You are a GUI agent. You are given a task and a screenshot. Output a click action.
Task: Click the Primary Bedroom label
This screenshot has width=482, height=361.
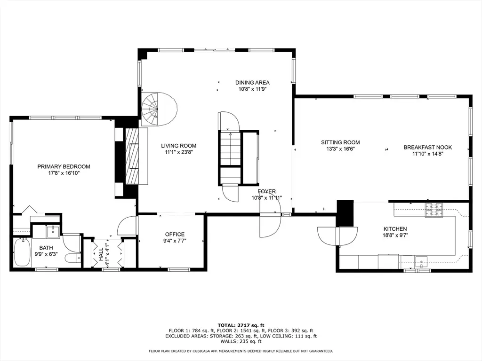(x=64, y=167)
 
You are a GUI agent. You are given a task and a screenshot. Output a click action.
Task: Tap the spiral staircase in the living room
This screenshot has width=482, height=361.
(x=159, y=109)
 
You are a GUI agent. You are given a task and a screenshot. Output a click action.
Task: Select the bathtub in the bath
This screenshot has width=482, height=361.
(x=22, y=252)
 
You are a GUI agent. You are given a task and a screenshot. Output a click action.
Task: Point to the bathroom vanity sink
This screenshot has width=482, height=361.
(x=54, y=232)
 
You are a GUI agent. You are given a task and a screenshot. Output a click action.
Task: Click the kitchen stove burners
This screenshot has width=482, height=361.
(x=434, y=210)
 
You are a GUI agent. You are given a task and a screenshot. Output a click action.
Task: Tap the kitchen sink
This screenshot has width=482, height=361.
(x=421, y=262)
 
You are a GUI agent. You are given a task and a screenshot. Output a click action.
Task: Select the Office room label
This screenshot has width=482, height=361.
(x=175, y=235)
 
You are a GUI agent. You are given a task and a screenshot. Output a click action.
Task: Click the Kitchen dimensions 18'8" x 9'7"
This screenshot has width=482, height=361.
(x=395, y=235)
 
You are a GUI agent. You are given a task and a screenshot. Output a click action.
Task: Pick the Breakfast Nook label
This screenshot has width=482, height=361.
(x=428, y=147)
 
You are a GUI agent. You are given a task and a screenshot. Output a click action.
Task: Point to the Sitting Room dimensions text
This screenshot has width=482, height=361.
(x=340, y=149)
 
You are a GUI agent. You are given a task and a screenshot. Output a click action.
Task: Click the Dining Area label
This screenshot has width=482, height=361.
(x=252, y=83)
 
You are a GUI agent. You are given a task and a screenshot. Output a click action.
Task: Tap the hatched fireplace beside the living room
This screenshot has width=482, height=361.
(x=132, y=156)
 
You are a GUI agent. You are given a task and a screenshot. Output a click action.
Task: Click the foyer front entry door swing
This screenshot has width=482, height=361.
(x=270, y=225)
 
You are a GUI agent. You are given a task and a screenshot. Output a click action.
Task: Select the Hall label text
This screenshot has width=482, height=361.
(x=101, y=254)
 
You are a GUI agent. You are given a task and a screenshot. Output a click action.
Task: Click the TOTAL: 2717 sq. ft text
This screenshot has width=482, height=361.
(x=241, y=325)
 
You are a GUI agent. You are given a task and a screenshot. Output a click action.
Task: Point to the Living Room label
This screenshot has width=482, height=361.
(x=178, y=146)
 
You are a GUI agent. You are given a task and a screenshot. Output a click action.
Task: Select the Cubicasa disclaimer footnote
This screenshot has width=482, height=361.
(x=241, y=351)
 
